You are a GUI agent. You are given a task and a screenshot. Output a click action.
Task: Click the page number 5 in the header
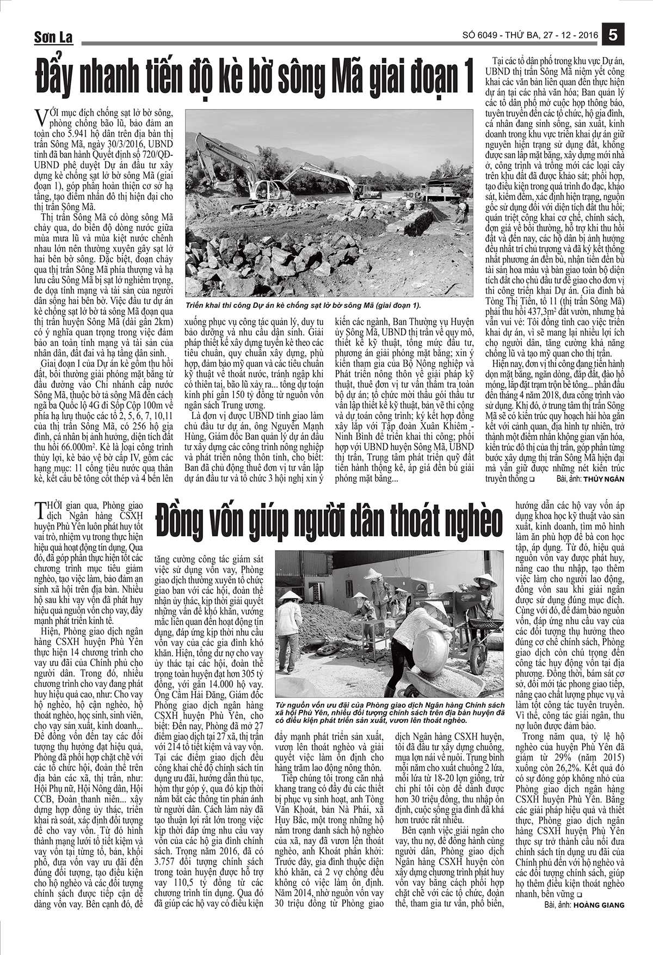[613, 35]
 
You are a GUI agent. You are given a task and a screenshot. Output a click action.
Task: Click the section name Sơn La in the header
[53, 37]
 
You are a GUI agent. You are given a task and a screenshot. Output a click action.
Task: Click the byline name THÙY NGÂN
[604, 479]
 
